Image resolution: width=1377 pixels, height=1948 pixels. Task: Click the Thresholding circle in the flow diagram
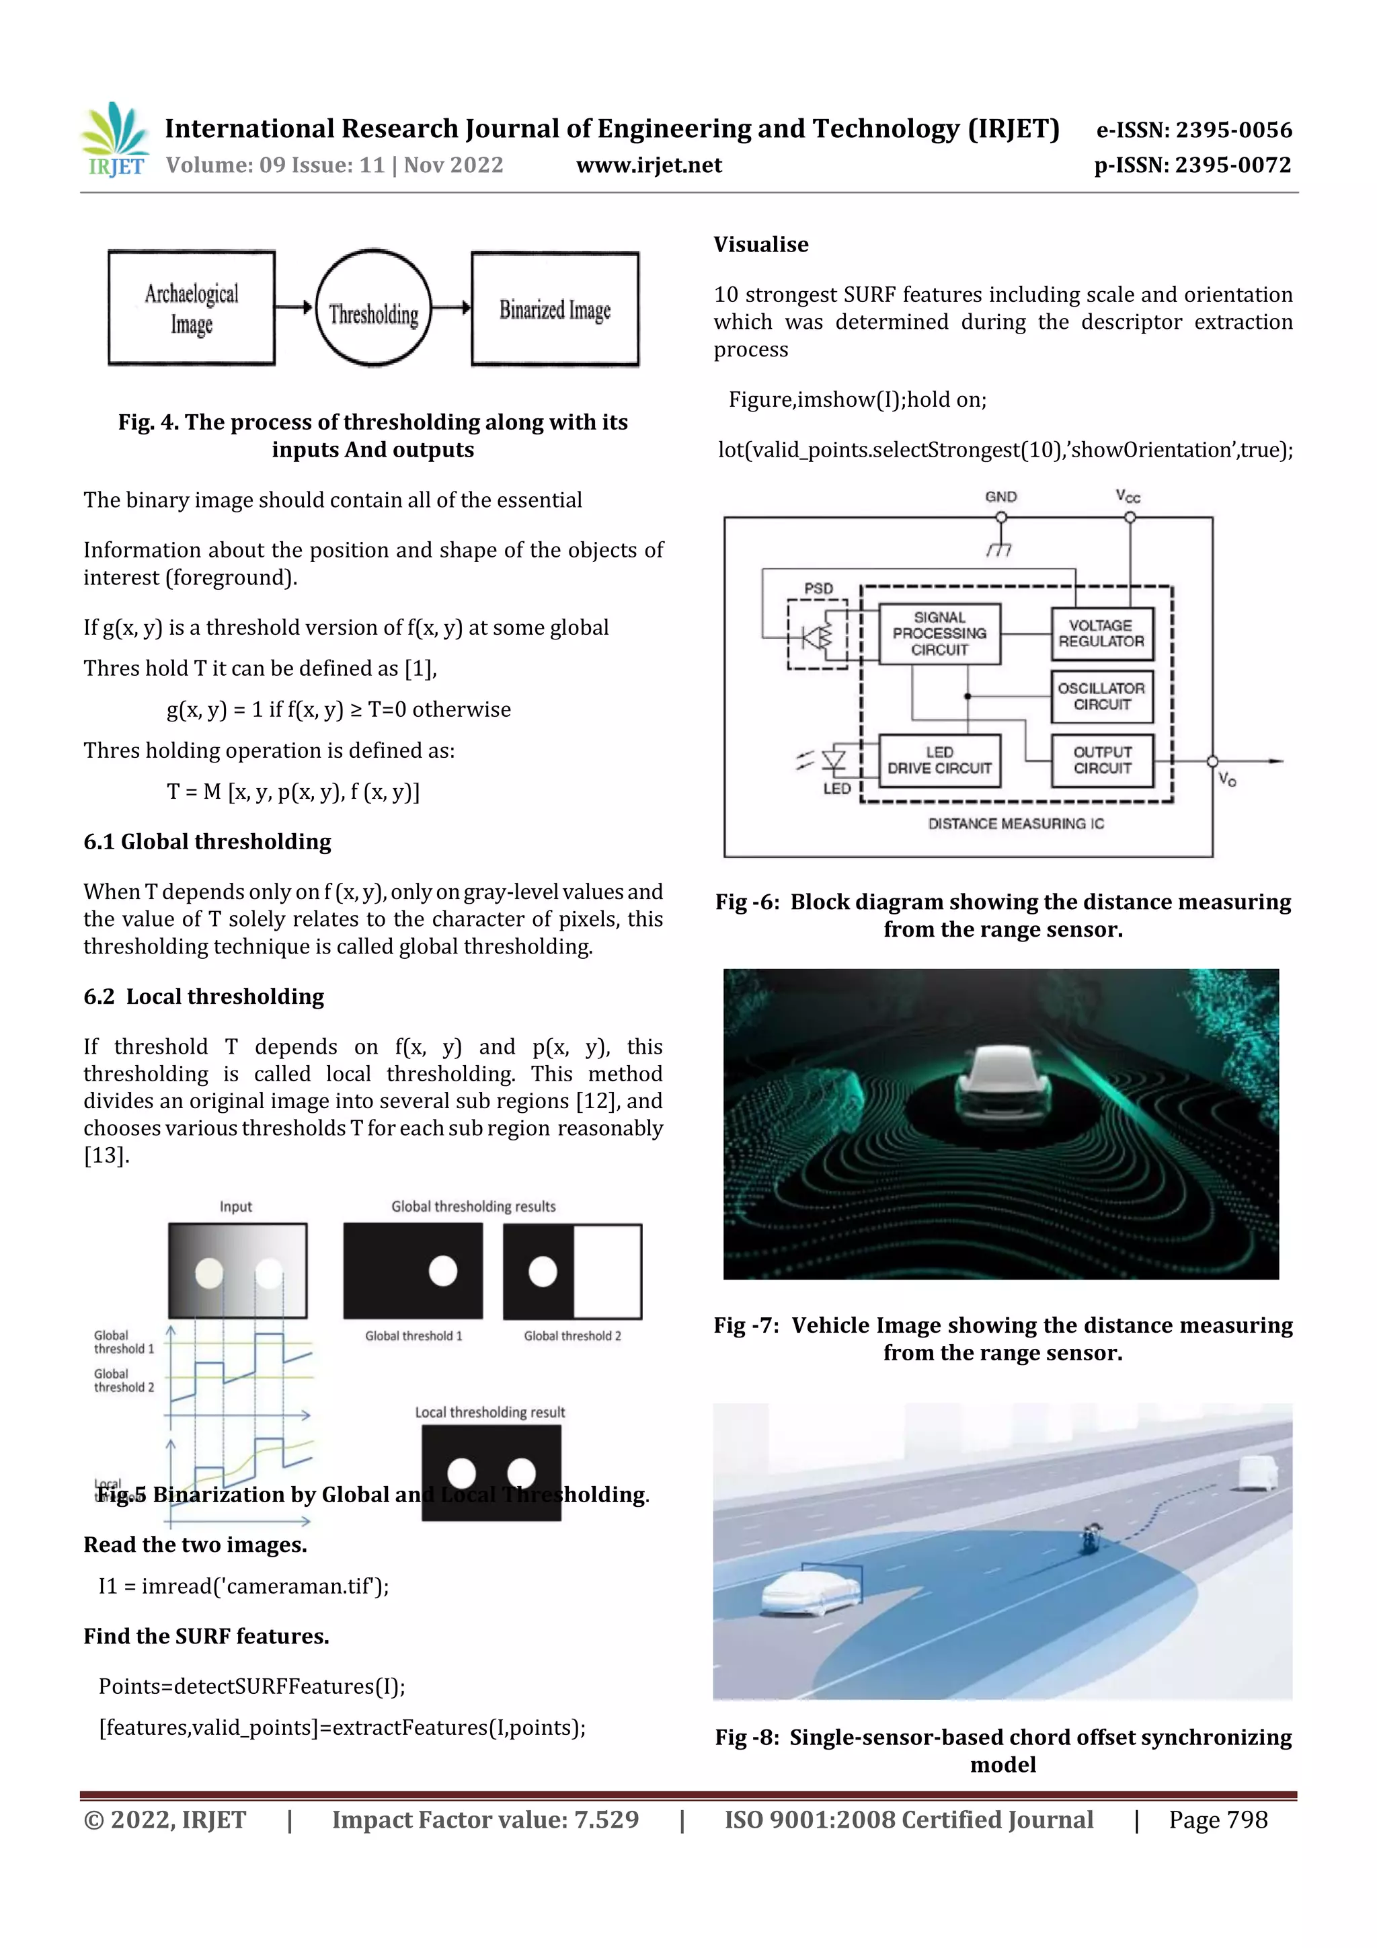(x=373, y=309)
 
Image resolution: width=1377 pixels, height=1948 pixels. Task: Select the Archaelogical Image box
(x=192, y=309)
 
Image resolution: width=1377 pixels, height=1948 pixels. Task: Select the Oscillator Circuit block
(x=1101, y=697)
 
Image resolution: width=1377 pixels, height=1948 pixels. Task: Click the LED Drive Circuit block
(x=939, y=761)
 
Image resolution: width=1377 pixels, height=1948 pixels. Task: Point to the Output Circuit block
(x=1101, y=761)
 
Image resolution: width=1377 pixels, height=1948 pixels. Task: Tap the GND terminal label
(x=1000, y=497)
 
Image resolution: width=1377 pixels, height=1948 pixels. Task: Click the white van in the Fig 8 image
(x=1257, y=1473)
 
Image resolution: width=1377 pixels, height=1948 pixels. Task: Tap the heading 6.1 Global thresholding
(x=207, y=842)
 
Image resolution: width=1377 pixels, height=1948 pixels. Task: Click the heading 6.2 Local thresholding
(x=204, y=997)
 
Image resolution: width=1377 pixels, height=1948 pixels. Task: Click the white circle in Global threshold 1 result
(x=443, y=1271)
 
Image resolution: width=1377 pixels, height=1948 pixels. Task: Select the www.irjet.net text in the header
(x=649, y=165)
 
